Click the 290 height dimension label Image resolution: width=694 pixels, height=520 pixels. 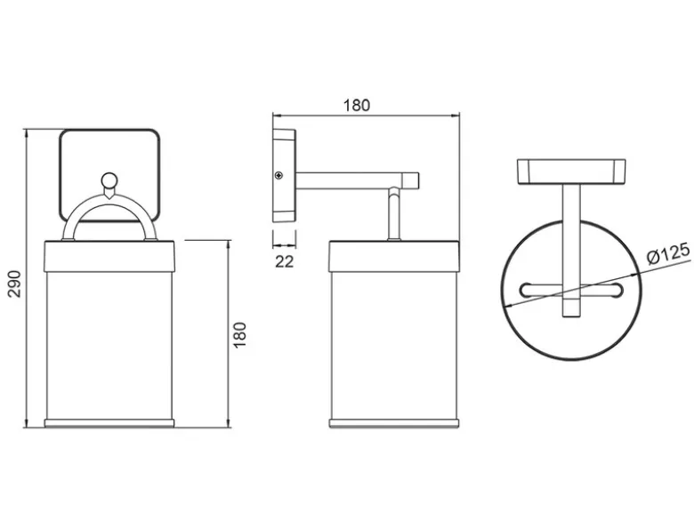(x=14, y=284)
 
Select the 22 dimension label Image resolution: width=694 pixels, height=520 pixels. (x=284, y=261)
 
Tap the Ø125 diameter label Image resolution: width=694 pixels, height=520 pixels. (x=668, y=253)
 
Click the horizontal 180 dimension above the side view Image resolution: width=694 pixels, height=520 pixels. (x=356, y=105)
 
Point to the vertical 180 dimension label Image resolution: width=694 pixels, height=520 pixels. (x=239, y=335)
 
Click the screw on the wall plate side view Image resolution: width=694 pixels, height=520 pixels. (x=278, y=175)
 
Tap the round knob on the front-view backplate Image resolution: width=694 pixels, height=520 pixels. (x=109, y=180)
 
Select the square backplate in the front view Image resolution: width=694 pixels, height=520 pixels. (x=109, y=175)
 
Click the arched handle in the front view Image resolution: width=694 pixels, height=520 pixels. (x=109, y=198)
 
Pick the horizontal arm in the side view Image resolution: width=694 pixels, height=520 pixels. (x=357, y=180)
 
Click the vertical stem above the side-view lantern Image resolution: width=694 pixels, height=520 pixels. (x=394, y=213)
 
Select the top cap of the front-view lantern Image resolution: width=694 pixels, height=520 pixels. (x=109, y=256)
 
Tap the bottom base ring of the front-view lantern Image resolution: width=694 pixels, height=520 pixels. (x=109, y=423)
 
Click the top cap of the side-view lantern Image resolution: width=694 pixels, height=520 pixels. (x=394, y=256)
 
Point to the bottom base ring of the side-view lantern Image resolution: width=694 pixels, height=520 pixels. (x=394, y=423)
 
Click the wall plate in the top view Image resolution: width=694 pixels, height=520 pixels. (x=571, y=172)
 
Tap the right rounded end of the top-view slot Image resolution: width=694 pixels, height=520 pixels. (x=617, y=290)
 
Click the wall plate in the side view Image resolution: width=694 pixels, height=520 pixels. (x=284, y=175)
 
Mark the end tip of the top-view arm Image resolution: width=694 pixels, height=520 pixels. (x=571, y=316)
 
